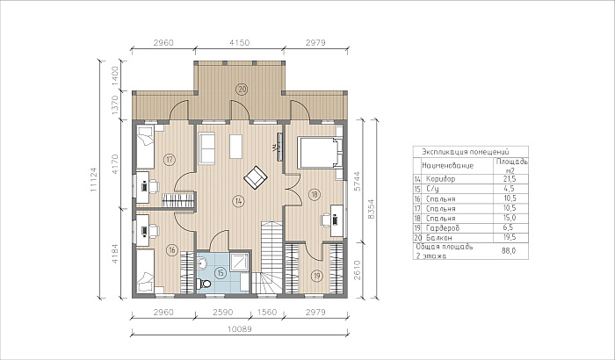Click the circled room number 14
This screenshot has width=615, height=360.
coord(238,201)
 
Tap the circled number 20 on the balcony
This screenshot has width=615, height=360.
coord(242,90)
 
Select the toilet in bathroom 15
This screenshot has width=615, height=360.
coord(204,284)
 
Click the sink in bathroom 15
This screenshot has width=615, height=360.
coord(201,263)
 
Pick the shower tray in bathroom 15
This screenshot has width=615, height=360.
coord(239,262)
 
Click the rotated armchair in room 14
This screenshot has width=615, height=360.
coord(256,177)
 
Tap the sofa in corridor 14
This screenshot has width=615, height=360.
coord(206,148)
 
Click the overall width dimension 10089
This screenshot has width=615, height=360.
coord(239,329)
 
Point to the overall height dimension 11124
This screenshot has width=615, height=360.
coord(93,180)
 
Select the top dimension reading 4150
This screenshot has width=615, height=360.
coord(239,43)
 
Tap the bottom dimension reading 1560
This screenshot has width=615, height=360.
coord(267,313)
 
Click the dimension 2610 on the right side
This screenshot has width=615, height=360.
coord(357,270)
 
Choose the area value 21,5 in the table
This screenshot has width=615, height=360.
coord(509,179)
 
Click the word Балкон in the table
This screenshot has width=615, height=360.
coord(439,238)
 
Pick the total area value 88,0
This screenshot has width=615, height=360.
coord(509,251)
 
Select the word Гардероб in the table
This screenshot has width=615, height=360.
coord(443,227)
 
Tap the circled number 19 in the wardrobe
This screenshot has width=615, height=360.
coord(317,276)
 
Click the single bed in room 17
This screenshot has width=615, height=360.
coord(145,147)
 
